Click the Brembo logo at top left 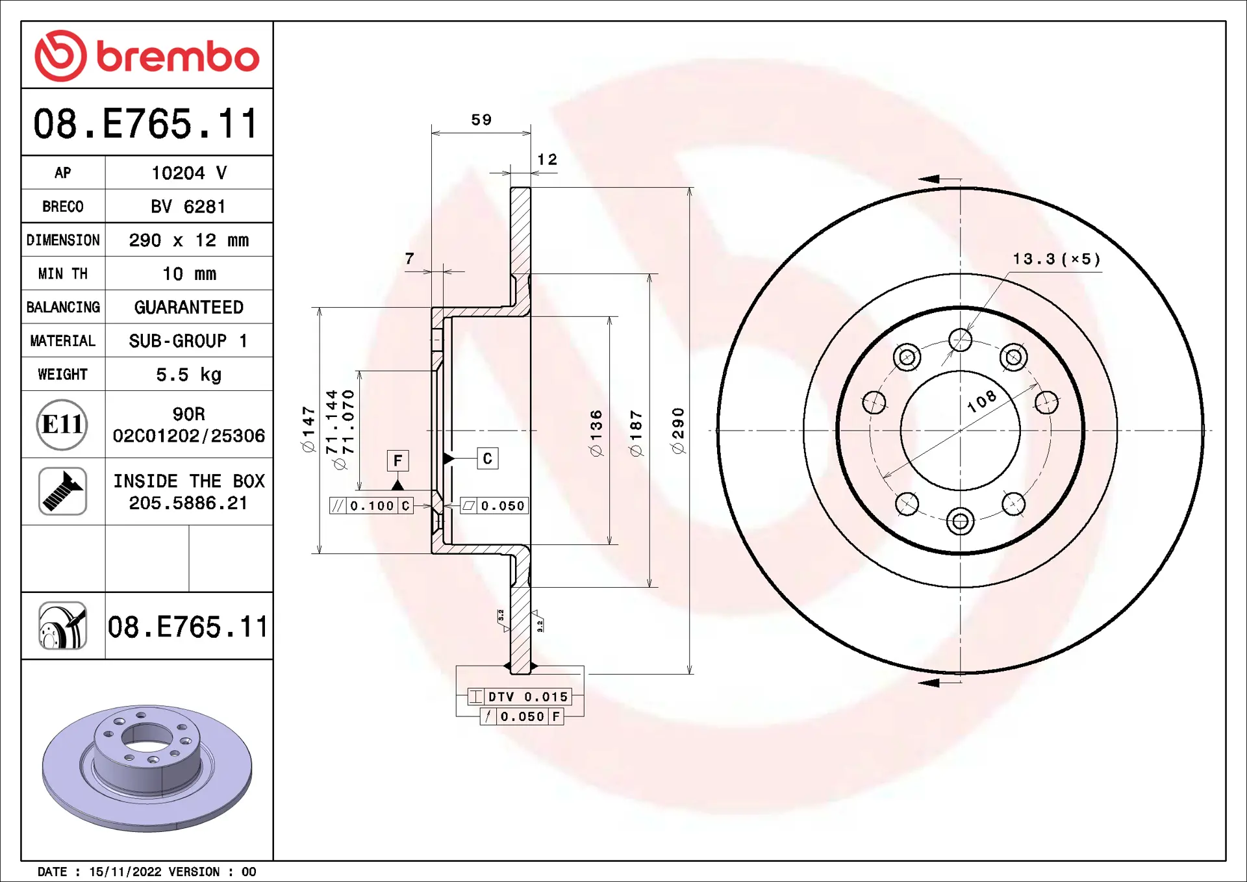(147, 56)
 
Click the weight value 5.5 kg (188, 375)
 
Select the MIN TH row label (63, 274)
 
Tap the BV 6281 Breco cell (188, 207)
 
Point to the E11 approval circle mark (62, 425)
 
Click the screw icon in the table (62, 492)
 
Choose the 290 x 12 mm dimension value (188, 240)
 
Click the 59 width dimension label (481, 120)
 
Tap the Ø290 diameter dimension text (677, 431)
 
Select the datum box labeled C (488, 459)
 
